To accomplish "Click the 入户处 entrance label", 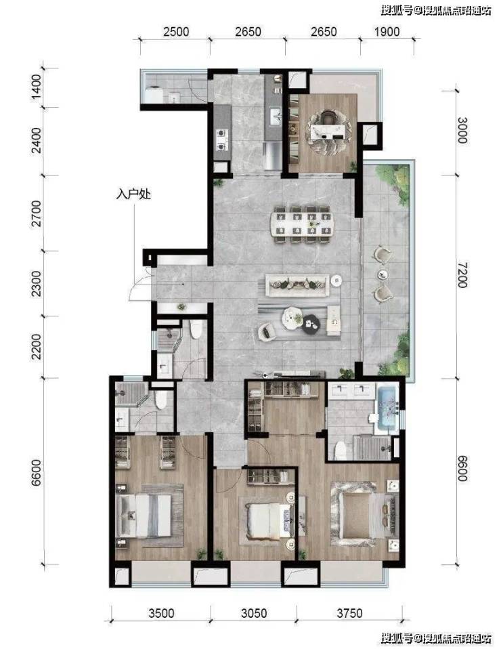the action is coord(133,194).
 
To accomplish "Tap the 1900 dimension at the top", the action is coord(387,32).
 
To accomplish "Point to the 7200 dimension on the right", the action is coord(462,276).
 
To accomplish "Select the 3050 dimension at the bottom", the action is coord(254,613).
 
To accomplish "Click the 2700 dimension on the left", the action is coord(37,213).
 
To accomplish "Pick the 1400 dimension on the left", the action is coord(37,87).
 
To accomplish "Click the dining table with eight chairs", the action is coord(301,224).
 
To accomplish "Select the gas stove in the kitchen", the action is coord(222,140).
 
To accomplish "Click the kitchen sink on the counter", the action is coord(275,116).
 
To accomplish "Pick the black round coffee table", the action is coord(310,323).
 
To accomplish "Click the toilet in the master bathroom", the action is coord(340,451).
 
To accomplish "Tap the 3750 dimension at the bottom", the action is coord(349,613).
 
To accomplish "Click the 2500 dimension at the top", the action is coord(176,32).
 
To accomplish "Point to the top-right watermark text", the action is coord(436,10).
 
